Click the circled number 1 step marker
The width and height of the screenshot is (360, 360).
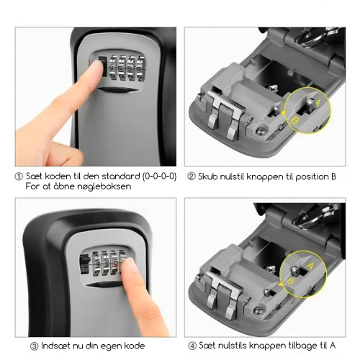[19, 176]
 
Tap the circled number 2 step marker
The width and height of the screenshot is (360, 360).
[192, 177]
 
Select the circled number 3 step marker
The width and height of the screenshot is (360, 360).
[34, 346]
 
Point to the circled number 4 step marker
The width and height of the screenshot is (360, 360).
[192, 346]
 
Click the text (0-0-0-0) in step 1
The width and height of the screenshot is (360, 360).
[159, 176]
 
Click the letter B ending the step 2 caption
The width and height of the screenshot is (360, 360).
[333, 176]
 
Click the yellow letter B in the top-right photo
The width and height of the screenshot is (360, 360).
[294, 120]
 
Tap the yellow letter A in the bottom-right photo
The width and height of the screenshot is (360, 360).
[310, 266]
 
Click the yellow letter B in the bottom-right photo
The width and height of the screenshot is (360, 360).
[290, 280]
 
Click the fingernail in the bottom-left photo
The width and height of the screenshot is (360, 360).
[129, 266]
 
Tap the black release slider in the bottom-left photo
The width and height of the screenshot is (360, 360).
[84, 264]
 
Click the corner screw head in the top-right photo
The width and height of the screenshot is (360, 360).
[260, 131]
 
